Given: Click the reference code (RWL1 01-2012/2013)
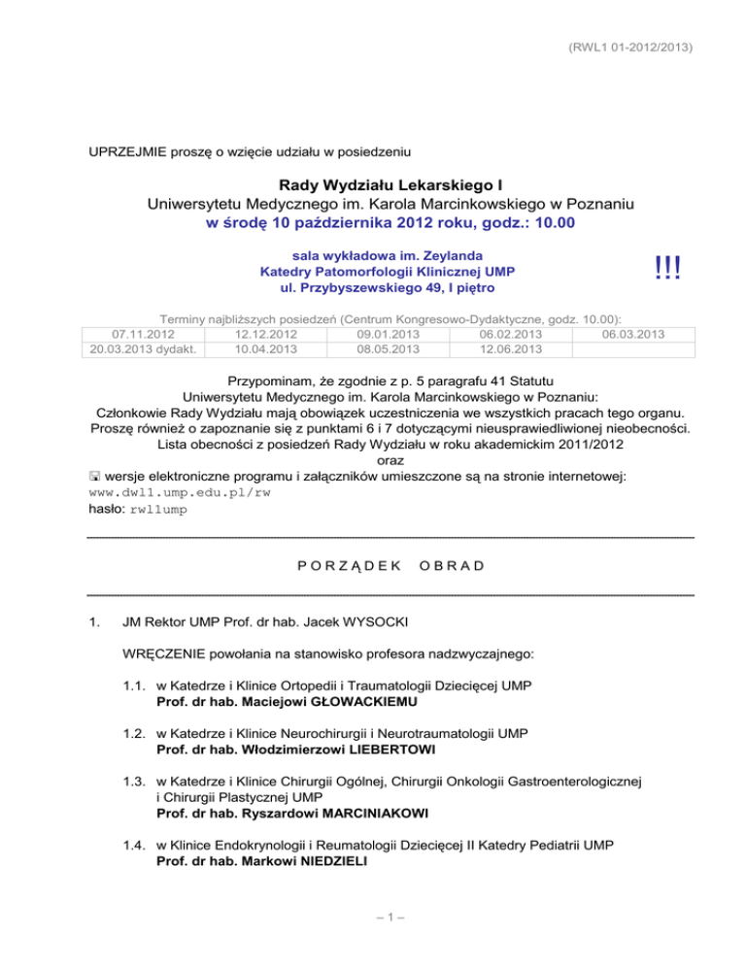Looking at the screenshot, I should (x=634, y=47).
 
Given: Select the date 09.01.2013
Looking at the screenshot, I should (x=390, y=335).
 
